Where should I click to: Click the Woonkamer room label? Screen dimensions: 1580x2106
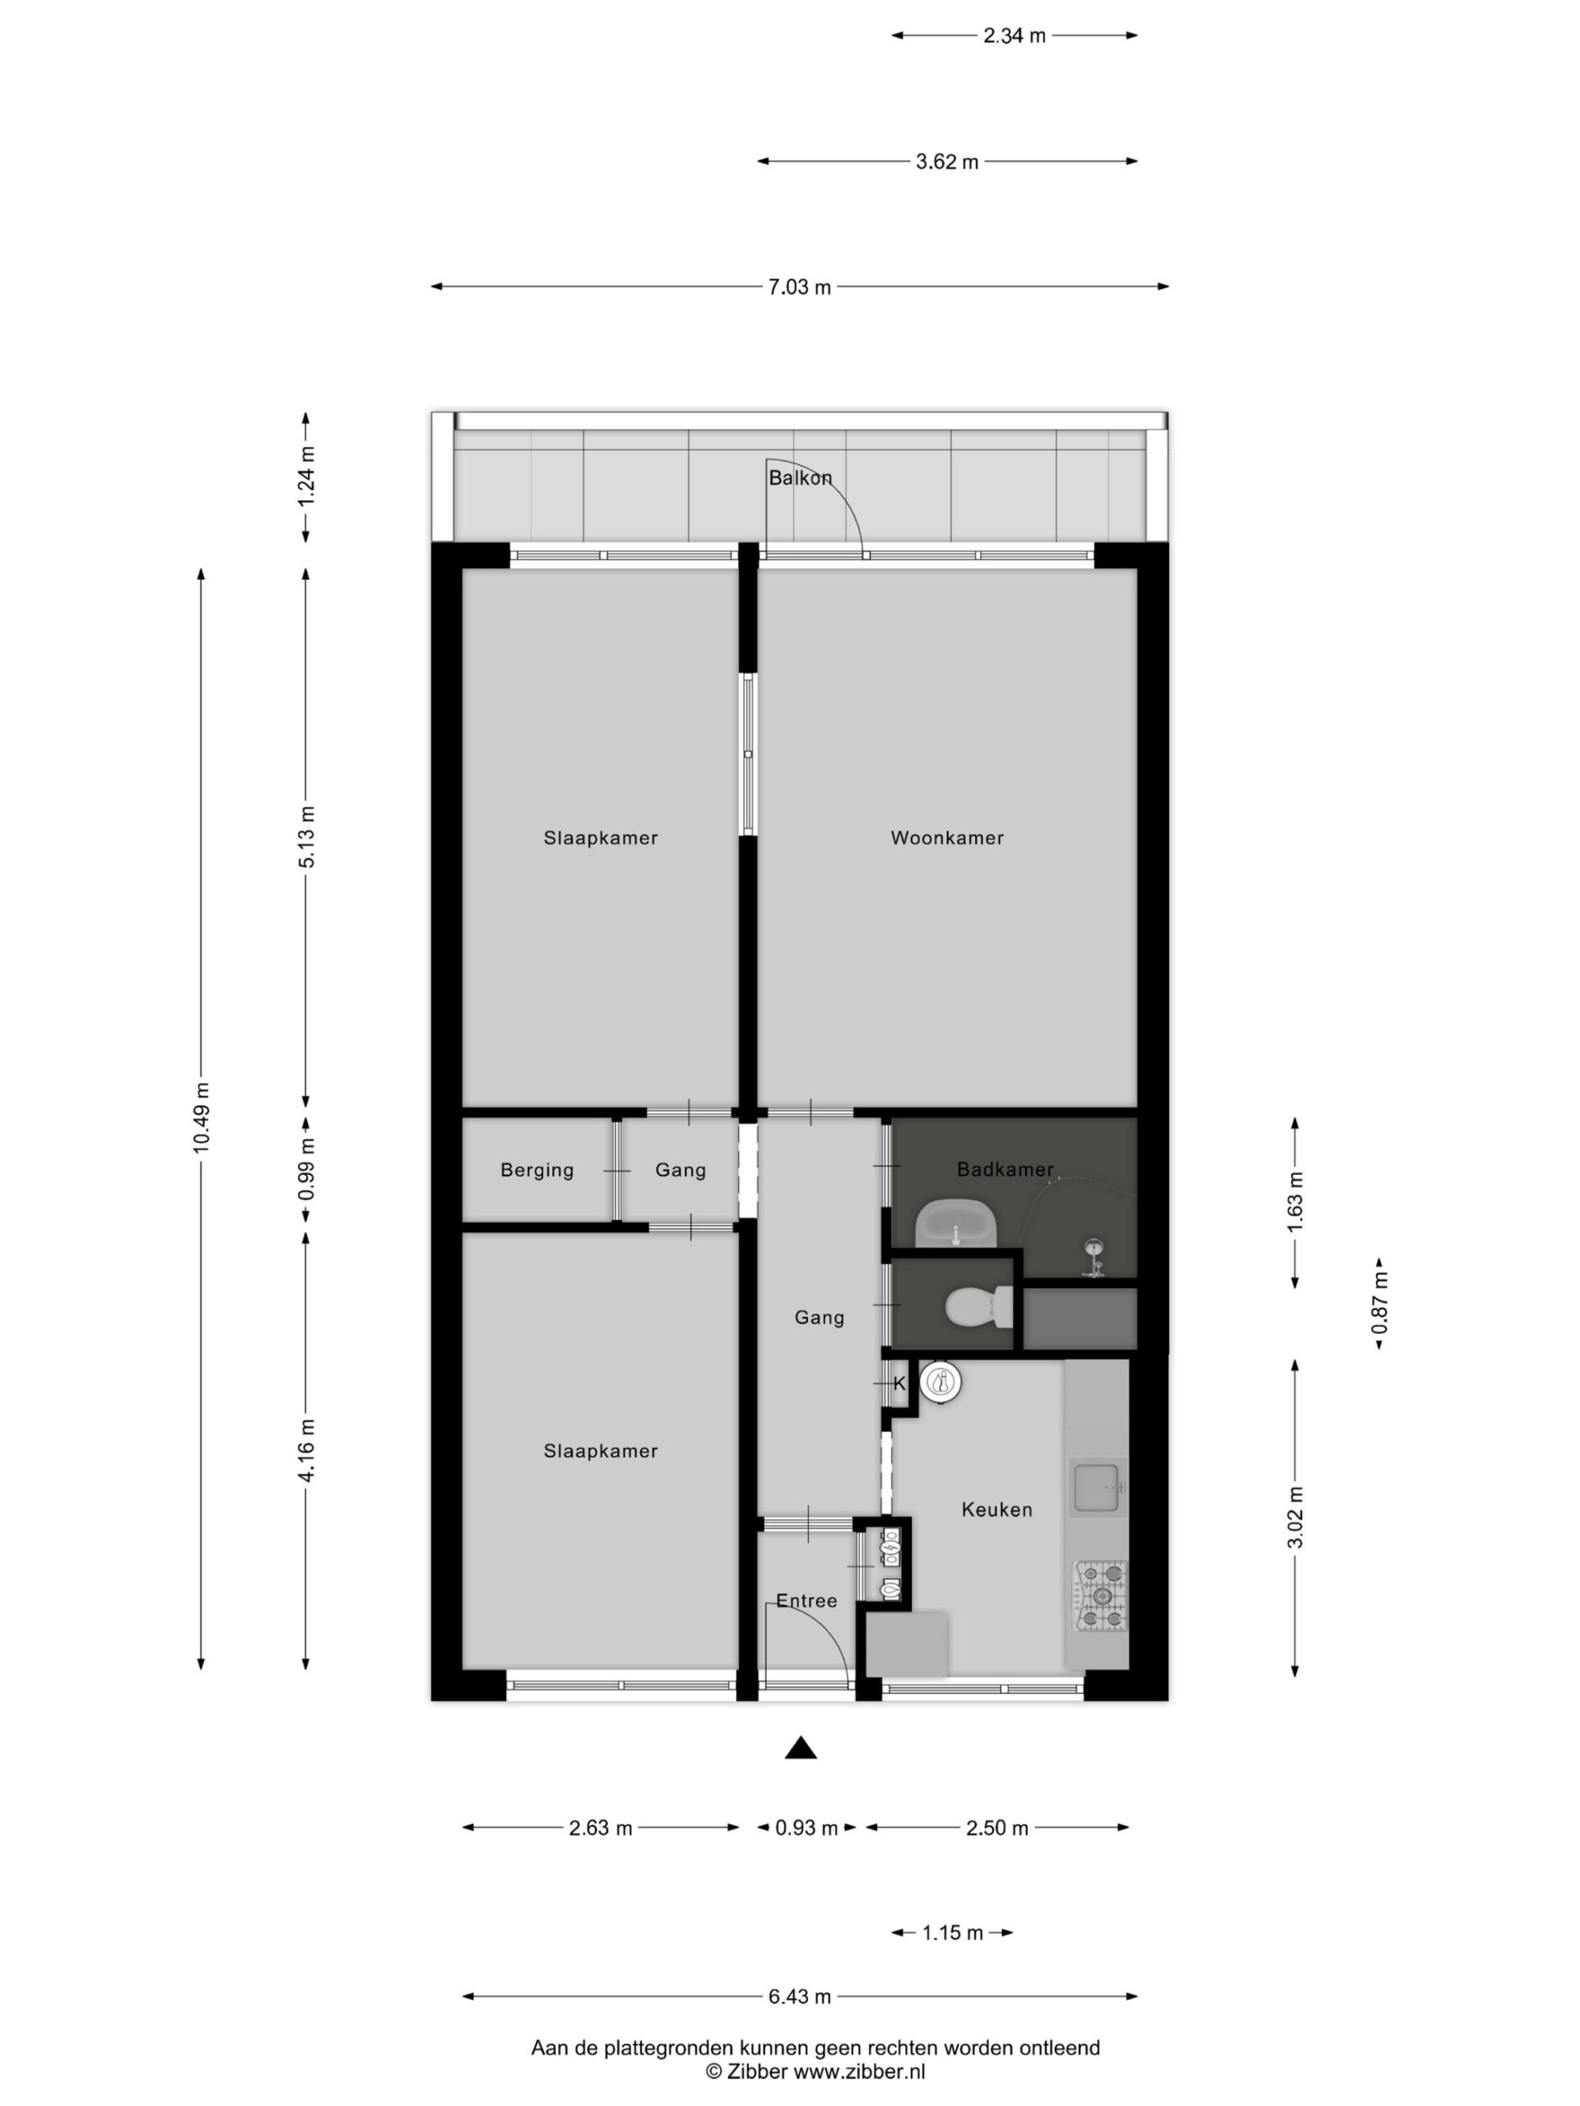(x=946, y=837)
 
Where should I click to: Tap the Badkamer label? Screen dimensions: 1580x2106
(x=1005, y=1169)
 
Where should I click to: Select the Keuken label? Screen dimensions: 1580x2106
(x=997, y=1509)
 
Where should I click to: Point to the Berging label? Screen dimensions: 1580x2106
(x=537, y=1170)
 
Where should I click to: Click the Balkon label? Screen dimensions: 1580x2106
(x=800, y=478)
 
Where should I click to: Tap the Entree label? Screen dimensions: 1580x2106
(x=806, y=1600)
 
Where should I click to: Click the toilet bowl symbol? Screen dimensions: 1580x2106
(x=979, y=1306)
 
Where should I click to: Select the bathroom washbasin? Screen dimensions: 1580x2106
(x=955, y=1223)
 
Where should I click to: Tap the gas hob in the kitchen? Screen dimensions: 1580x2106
(x=1101, y=1595)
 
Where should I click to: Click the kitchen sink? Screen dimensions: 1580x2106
(x=1098, y=1487)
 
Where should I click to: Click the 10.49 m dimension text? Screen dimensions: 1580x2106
(x=201, y=1118)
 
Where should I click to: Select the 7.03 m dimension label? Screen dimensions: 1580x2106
(x=800, y=286)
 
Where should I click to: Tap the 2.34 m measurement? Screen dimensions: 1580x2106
(x=1015, y=36)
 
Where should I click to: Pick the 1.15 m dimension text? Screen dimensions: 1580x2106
(x=952, y=1932)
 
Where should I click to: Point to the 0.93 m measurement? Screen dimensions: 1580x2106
(x=806, y=1828)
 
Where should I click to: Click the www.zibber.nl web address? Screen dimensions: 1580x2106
(x=859, y=2071)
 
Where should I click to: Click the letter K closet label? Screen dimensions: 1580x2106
(x=899, y=1384)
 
